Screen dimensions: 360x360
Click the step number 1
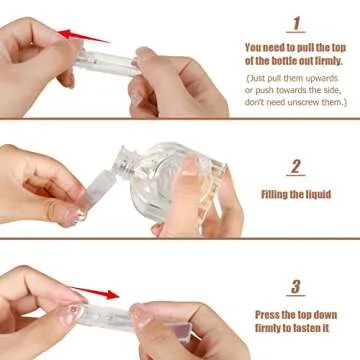[296, 23]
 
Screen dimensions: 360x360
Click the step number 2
[296, 167]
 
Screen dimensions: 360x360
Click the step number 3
[296, 287]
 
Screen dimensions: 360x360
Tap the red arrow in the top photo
[84, 37]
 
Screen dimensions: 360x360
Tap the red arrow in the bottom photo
[100, 294]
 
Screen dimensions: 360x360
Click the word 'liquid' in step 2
[317, 193]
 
